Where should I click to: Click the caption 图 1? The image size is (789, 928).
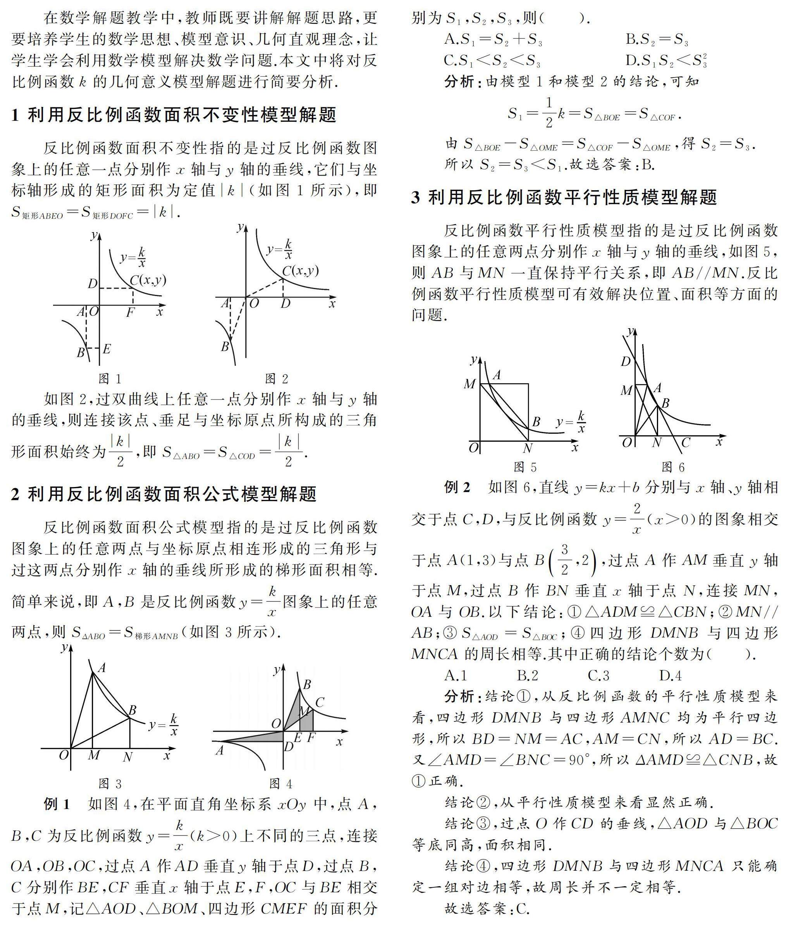pyautogui.click(x=110, y=379)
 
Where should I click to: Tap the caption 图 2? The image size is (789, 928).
pyautogui.click(x=277, y=379)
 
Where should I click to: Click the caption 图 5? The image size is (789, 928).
pyautogui.click(x=525, y=467)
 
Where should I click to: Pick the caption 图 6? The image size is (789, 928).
pyautogui.click(x=673, y=467)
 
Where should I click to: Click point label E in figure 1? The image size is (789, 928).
pyautogui.click(x=107, y=349)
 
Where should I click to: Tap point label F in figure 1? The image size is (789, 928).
pyautogui.click(x=130, y=312)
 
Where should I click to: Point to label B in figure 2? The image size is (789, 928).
pyautogui.click(x=225, y=346)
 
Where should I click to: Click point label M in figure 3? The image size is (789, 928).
pyautogui.click(x=94, y=756)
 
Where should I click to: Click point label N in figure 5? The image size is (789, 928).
pyautogui.click(x=528, y=448)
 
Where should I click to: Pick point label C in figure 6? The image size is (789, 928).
pyautogui.click(x=685, y=443)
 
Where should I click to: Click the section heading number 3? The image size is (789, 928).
pyautogui.click(x=416, y=197)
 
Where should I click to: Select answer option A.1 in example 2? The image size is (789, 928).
pyautogui.click(x=456, y=675)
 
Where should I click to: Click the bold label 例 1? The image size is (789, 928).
pyautogui.click(x=57, y=804)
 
